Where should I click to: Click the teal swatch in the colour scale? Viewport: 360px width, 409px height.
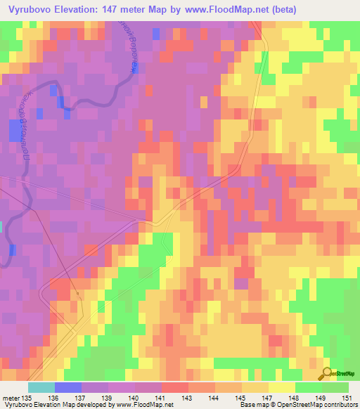pos(41,387)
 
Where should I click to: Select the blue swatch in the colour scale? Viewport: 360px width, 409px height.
pos(67,387)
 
